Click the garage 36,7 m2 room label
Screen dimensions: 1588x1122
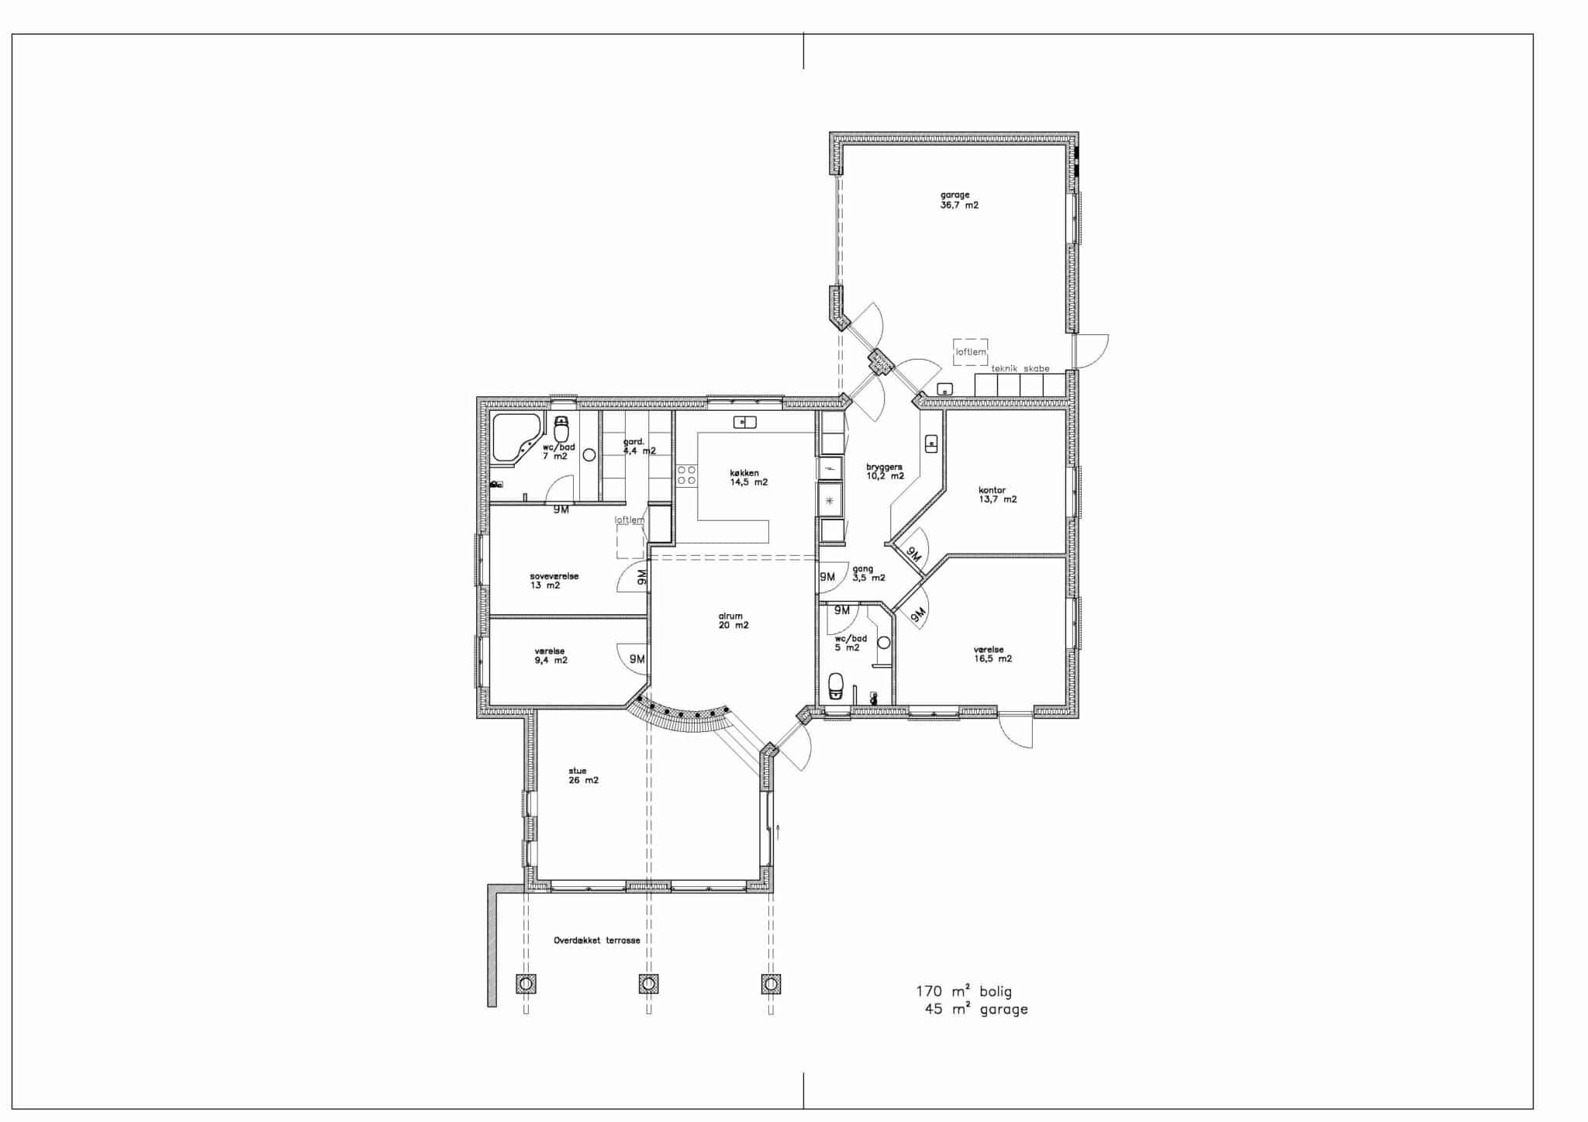[x=959, y=200]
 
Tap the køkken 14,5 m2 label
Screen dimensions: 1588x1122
[x=748, y=477]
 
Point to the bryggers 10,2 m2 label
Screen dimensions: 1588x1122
[x=885, y=471]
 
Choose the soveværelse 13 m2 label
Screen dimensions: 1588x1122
[x=554, y=581]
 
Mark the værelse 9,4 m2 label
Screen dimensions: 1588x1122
[x=551, y=656]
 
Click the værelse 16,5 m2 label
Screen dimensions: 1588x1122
[x=992, y=654]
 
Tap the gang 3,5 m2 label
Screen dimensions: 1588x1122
[x=868, y=573]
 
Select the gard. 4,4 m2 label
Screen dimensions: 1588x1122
[x=639, y=446]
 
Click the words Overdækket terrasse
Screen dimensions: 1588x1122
[x=596, y=940]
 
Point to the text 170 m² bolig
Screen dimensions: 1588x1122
[x=964, y=991]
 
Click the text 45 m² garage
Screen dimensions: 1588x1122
[x=976, y=1009]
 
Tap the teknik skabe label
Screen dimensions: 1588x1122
[x=1020, y=368]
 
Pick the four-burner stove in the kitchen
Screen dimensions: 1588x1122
[x=687, y=475]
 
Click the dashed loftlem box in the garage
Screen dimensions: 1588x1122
[x=971, y=351]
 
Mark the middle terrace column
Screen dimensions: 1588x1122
[x=648, y=984]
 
